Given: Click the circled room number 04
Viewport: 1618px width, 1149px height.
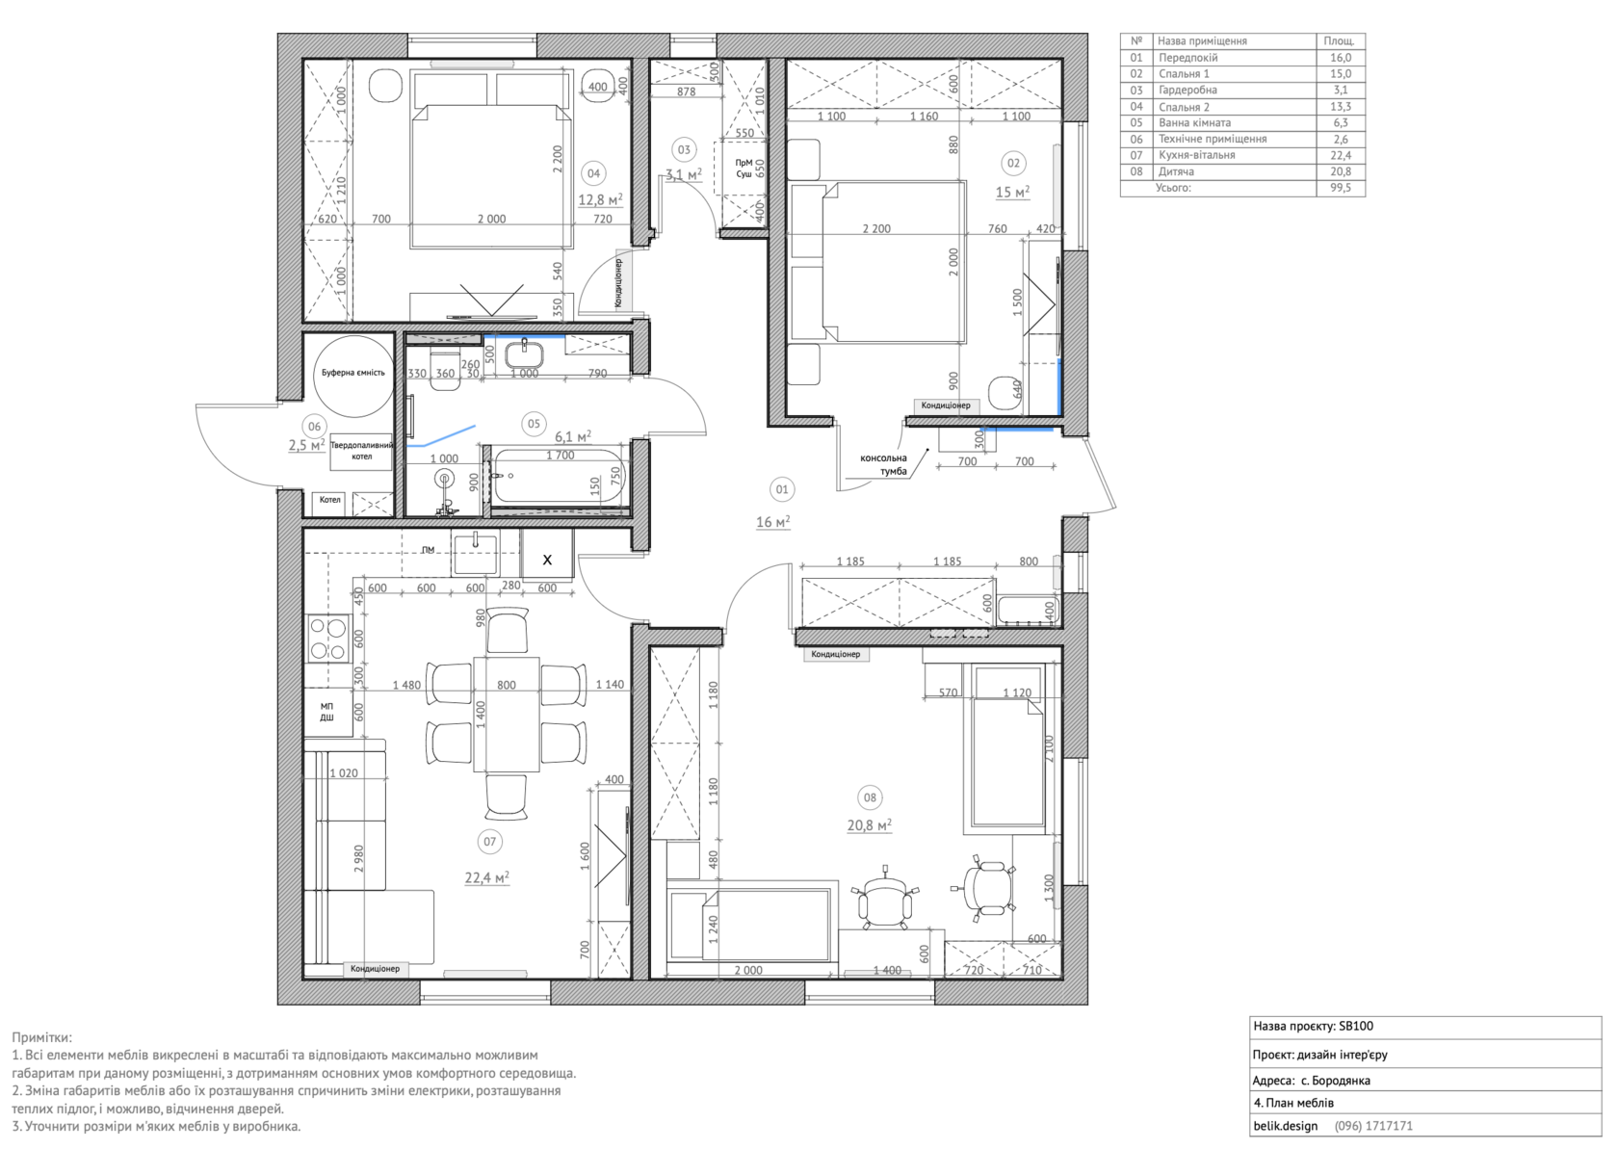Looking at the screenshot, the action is click(593, 173).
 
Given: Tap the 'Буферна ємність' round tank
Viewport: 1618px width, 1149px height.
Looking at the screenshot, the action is click(353, 375).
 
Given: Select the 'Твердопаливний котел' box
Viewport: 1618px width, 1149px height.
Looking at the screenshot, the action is click(362, 452).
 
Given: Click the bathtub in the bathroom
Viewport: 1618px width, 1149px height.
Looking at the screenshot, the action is click(558, 476).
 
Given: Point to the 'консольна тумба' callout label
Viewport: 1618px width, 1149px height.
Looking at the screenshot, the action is click(883, 464).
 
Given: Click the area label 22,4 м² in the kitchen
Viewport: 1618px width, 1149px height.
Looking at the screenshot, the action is click(487, 877).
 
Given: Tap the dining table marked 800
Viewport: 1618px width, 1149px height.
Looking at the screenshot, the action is click(507, 714).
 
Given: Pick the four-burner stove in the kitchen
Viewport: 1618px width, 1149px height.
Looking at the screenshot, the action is click(327, 638).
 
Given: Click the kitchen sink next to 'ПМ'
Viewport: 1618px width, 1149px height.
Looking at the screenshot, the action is click(475, 553).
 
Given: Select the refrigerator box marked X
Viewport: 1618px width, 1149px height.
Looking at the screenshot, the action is click(547, 560).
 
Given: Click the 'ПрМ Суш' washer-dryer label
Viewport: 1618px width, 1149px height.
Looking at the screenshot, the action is click(744, 169).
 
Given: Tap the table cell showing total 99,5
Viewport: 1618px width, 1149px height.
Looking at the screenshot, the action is click(1340, 188).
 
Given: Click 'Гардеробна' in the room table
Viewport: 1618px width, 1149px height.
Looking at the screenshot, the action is click(1187, 91).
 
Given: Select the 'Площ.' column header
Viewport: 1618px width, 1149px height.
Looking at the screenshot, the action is click(1339, 41).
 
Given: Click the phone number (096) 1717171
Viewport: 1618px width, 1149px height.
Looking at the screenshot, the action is click(1373, 1126).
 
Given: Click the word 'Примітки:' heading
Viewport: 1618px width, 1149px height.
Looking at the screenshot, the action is click(42, 1038).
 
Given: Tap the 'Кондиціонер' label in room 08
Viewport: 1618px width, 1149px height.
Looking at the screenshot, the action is click(836, 654).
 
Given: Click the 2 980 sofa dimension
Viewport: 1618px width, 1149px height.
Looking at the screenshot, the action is click(359, 859).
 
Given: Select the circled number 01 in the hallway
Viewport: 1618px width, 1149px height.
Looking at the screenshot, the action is click(782, 489).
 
